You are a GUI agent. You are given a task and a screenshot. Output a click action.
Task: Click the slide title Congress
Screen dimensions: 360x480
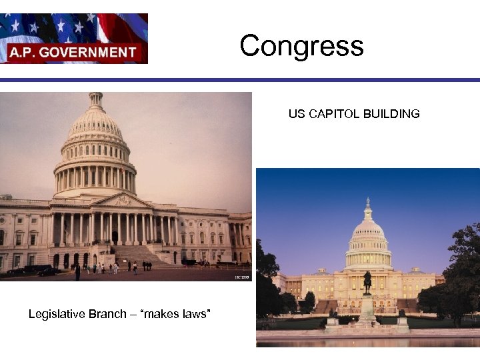[x=301, y=46]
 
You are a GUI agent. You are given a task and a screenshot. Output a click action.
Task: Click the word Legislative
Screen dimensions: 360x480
[x=57, y=313]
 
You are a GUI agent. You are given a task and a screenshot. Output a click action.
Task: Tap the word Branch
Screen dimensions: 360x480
[x=109, y=313]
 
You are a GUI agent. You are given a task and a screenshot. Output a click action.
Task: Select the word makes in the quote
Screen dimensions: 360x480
[x=164, y=313]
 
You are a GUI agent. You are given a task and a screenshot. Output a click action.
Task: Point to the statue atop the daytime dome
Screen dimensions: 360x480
[x=96, y=97]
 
